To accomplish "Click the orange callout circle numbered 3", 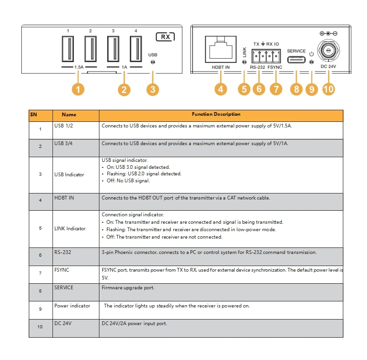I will (152, 89).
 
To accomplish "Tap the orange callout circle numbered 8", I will (296, 89).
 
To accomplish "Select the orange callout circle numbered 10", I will (329, 89).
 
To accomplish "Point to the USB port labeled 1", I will (68, 49).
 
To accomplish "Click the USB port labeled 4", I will (136, 49).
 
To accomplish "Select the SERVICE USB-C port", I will (296, 60).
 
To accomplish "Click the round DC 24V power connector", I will (328, 50).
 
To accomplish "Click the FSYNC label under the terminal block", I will (276, 68).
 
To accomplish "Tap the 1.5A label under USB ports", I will (79, 67).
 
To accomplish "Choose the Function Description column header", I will (216, 114).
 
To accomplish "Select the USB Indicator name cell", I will (69, 174).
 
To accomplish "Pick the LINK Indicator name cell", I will (70, 228).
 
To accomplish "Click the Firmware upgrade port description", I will (128, 288).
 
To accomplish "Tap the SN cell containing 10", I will (40, 327).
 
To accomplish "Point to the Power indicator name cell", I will (72, 306).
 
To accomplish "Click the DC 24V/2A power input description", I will (134, 324).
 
